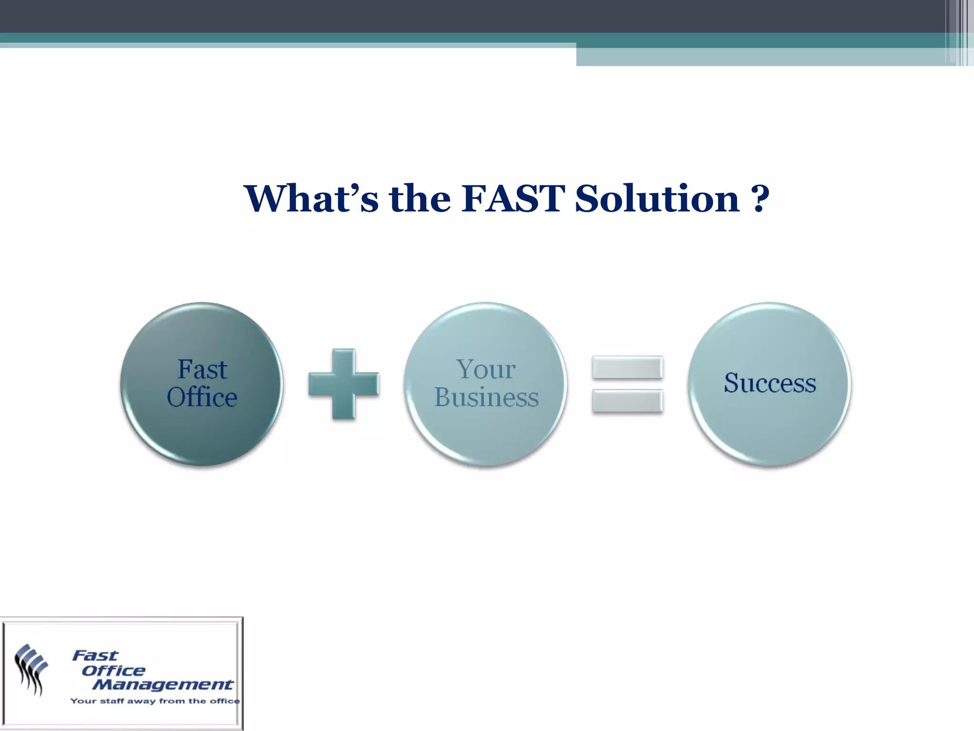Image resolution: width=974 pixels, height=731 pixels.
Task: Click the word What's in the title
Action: click(311, 198)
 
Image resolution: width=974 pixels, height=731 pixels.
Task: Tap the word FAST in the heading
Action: click(513, 198)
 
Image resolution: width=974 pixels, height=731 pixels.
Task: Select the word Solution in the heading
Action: click(657, 198)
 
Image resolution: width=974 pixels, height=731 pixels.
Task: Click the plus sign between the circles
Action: click(343, 384)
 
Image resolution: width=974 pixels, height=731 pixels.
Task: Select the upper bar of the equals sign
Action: click(627, 367)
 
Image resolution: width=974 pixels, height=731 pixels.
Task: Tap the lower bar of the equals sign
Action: click(627, 401)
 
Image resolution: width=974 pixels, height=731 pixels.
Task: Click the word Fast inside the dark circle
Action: click(202, 369)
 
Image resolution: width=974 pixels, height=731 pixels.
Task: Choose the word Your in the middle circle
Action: click(486, 369)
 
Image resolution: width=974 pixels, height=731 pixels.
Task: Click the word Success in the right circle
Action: click(769, 383)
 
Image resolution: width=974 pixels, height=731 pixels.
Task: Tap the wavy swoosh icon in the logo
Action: click(31, 669)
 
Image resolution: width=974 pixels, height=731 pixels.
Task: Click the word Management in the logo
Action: click(163, 685)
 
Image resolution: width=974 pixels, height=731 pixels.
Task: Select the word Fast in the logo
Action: click(95, 656)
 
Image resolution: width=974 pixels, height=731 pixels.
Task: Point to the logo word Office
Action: click(113, 671)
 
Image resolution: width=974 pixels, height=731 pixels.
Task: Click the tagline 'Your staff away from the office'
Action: click(155, 701)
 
